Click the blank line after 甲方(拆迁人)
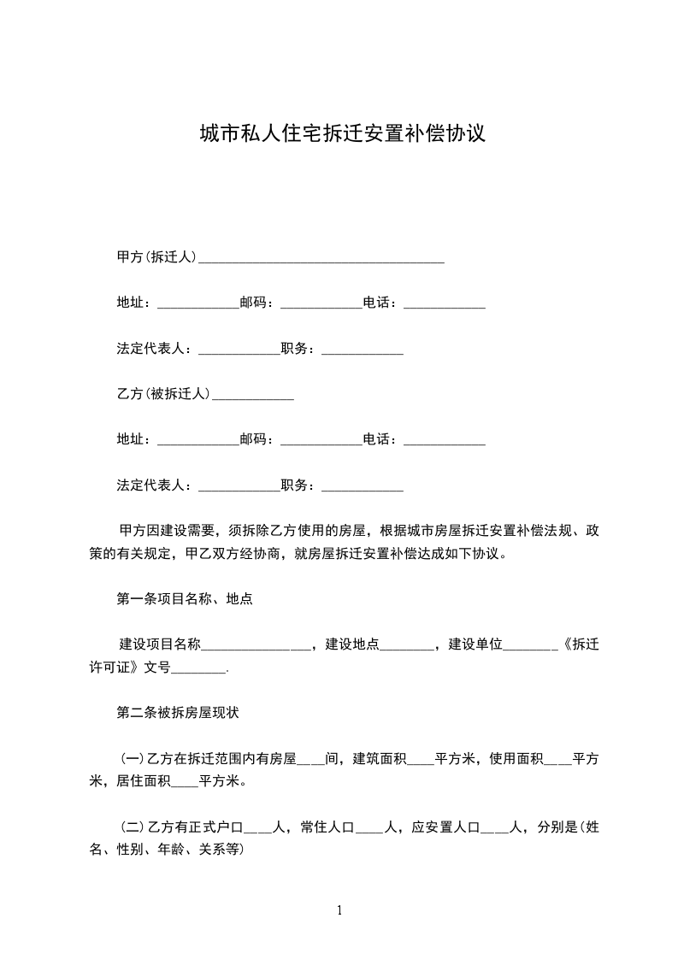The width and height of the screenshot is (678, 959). point(321,258)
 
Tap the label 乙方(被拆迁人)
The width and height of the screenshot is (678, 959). point(163,394)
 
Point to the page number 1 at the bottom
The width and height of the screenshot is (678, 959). point(339,910)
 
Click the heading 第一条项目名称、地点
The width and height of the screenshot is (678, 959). point(184,598)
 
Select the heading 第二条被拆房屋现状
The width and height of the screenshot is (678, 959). point(184,711)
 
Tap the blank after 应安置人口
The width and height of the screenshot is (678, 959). point(494,829)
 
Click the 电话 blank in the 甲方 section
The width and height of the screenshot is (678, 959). point(445,304)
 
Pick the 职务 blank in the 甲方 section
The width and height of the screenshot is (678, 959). point(362,350)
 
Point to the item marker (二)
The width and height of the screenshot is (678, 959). point(132,827)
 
